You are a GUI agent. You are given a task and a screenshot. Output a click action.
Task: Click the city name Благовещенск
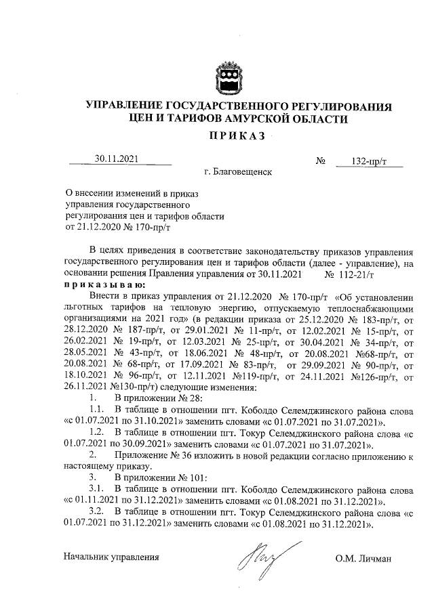point(242,172)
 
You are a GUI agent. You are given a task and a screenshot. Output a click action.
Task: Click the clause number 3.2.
point(96,513)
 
